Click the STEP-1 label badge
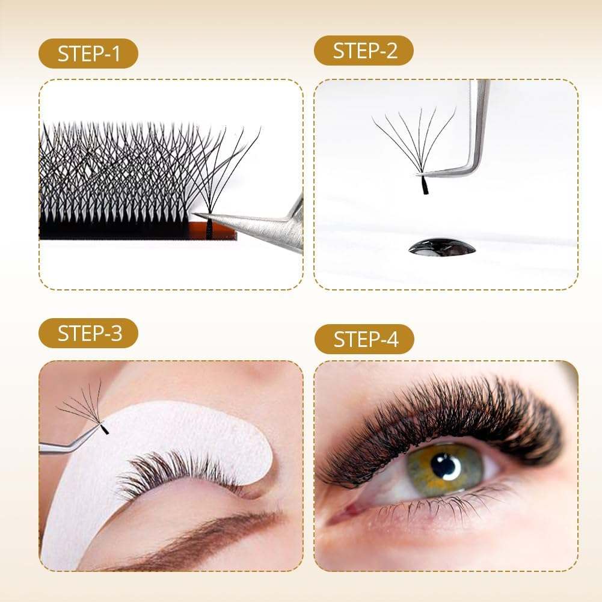click(x=88, y=54)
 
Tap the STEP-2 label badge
click(x=364, y=51)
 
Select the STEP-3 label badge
click(x=88, y=333)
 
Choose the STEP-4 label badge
click(x=364, y=339)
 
